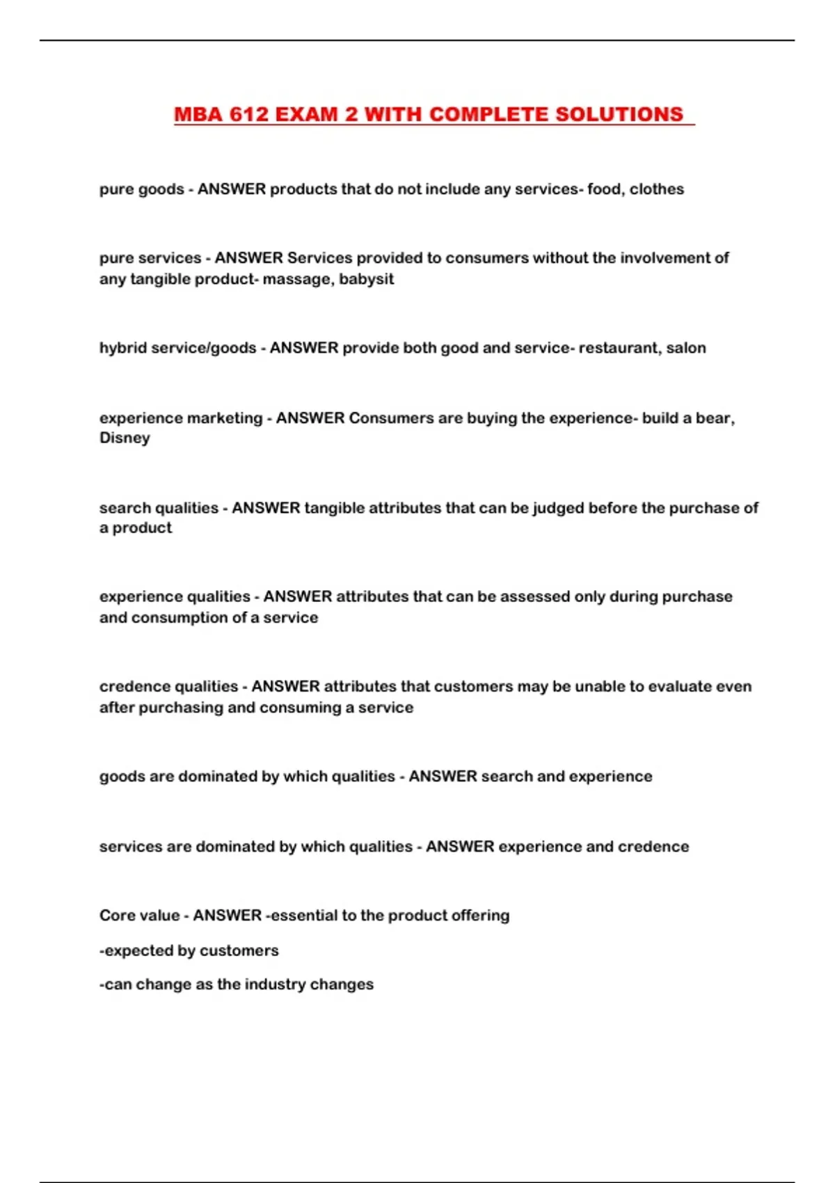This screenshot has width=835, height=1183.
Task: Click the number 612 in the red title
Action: click(249, 114)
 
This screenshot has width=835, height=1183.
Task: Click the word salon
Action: click(686, 348)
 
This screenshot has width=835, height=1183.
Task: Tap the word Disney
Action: click(125, 438)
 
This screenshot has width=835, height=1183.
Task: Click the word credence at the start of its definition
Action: click(133, 686)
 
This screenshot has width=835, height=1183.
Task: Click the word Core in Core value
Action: click(116, 915)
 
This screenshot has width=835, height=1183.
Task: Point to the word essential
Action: click(303, 915)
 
